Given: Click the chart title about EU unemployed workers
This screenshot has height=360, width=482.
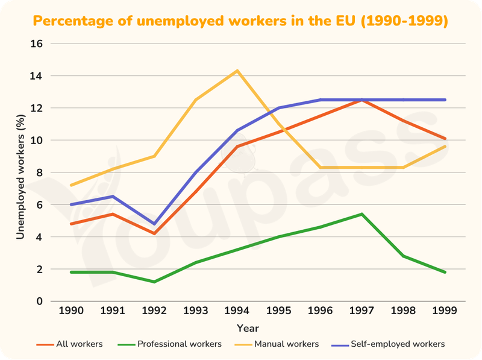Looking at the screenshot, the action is [x=240, y=21].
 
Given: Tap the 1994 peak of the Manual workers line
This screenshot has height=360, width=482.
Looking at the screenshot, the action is [x=237, y=71].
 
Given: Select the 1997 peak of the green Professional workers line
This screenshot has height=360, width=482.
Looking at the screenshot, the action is [x=362, y=214].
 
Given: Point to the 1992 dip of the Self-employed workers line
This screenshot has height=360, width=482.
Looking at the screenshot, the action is [x=154, y=224].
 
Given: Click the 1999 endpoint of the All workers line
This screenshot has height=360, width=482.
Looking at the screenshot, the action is [x=445, y=139].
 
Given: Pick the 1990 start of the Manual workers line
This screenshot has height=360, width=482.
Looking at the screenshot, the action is [x=71, y=185].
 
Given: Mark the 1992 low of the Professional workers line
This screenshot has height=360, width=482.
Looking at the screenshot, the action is [x=154, y=282].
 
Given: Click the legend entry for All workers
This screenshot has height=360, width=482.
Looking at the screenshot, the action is [x=69, y=344].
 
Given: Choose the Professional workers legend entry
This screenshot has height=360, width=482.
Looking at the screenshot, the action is [x=169, y=344].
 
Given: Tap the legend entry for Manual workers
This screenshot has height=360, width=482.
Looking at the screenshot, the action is [x=277, y=344].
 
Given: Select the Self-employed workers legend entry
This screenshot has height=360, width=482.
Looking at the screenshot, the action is [x=388, y=344].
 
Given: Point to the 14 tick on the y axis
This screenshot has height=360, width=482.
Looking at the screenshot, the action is [x=36, y=76].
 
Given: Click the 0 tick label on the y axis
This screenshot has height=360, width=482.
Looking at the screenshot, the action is [x=39, y=302].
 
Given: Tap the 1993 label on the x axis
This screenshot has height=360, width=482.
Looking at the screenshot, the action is [x=196, y=311].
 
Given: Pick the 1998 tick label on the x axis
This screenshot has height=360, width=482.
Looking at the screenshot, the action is [x=403, y=311].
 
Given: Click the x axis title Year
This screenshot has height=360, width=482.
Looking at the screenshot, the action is [x=248, y=328].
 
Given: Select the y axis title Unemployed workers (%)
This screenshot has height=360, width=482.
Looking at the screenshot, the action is [x=20, y=177].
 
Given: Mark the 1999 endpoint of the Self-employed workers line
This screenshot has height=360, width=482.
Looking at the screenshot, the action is [x=445, y=99].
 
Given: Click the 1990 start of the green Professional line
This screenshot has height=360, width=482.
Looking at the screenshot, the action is [x=71, y=272].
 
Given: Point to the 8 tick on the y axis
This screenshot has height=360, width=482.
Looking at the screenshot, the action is [x=39, y=172].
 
